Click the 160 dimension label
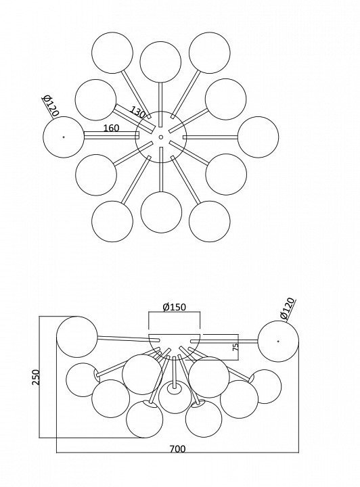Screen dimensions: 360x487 click(x=111, y=128)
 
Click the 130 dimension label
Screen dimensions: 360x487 click(x=137, y=112)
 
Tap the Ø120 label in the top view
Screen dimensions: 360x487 click(x=51, y=106)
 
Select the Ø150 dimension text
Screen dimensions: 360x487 click(x=175, y=307)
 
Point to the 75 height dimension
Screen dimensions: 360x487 click(x=235, y=347)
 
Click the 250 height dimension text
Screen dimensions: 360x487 click(x=37, y=377)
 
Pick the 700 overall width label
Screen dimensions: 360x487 click(x=178, y=449)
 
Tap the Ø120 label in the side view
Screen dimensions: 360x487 click(x=287, y=308)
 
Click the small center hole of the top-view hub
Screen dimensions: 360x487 click(x=161, y=137)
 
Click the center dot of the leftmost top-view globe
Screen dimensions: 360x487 click(x=64, y=137)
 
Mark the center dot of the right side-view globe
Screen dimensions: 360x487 click(x=278, y=342)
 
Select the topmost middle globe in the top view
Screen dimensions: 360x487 click(x=160, y=62)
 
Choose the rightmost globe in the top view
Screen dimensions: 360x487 click(x=258, y=137)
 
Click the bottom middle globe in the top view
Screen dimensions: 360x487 click(x=161, y=212)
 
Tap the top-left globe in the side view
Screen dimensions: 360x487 click(x=77, y=337)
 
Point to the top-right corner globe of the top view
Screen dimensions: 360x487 click(x=210, y=53)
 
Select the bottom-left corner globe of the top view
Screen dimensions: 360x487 click(x=112, y=221)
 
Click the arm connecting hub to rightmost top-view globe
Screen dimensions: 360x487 click(x=210, y=137)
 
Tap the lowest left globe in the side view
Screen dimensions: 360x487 click(x=145, y=419)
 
